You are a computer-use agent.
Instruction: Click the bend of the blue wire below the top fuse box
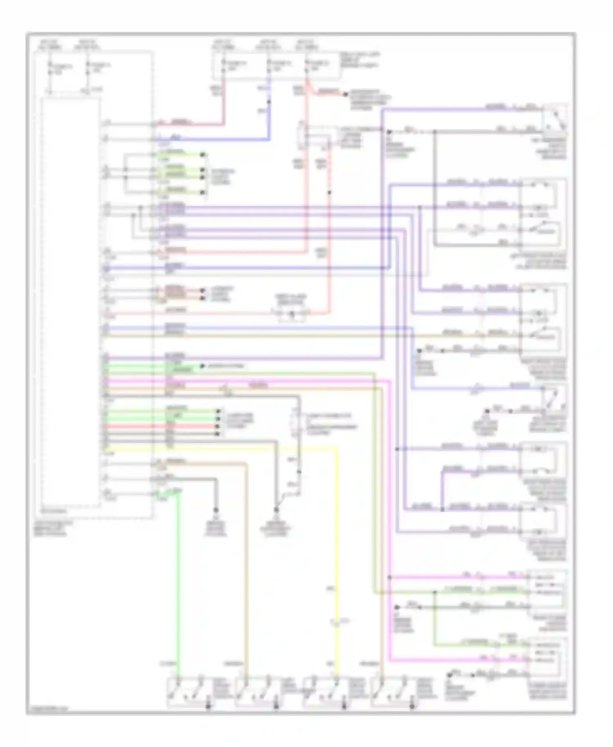tap(269, 139)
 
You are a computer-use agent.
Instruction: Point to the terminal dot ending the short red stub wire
tap(345, 94)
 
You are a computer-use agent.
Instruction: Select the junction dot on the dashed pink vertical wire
tap(329, 192)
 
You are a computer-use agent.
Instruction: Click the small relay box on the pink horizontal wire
tap(291, 314)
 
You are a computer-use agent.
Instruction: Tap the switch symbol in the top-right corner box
tap(554, 119)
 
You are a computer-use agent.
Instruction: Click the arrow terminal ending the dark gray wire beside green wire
tap(216, 510)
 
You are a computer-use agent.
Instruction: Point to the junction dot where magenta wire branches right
tap(390, 577)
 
